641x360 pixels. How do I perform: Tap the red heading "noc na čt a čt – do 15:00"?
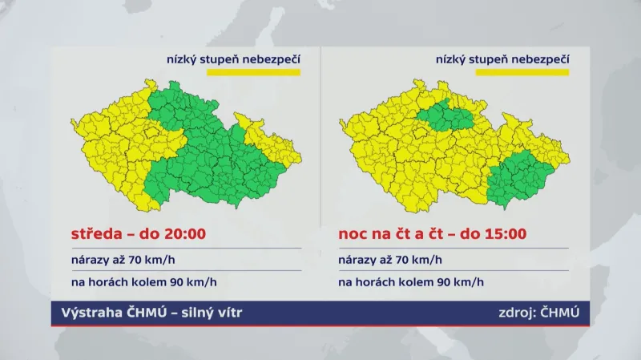pos(432,235)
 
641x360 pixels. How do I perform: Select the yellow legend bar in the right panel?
pos(522,73)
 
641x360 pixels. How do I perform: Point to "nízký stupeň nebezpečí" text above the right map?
pos(502,59)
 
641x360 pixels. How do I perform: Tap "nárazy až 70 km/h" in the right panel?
pos(389,261)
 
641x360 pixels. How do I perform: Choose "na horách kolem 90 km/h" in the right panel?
pos(411,282)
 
